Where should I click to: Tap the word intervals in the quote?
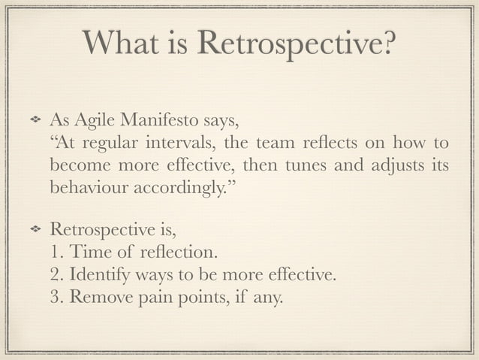tap(184, 143)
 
